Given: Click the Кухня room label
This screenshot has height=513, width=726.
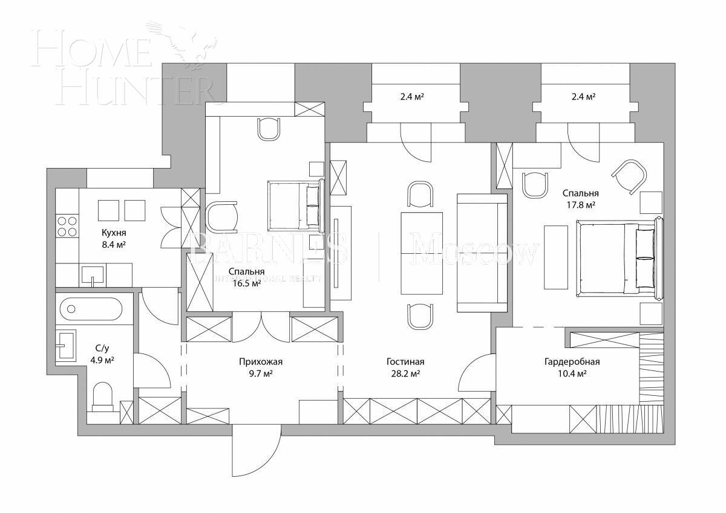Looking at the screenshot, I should tap(114, 233).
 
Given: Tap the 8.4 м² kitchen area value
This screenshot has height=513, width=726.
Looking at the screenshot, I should tap(114, 244).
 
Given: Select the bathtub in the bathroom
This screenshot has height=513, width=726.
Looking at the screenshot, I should tap(91, 309).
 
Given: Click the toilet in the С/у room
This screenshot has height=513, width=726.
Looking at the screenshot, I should tap(104, 396).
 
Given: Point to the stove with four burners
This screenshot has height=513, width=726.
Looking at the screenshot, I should tap(67, 225).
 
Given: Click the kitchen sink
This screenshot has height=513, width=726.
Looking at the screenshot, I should tap(93, 275).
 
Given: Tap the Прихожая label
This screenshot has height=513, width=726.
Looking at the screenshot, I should tap(261, 362).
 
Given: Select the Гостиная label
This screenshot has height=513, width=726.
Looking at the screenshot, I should tap(405, 362).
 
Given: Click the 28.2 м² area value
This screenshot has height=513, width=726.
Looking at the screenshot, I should tap(405, 374).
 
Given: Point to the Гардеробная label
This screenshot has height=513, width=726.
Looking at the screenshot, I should tap(572, 362).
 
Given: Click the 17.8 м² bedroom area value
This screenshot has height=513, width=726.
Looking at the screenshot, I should tap(580, 205).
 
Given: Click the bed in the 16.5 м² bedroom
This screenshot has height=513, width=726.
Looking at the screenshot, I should tap(293, 206).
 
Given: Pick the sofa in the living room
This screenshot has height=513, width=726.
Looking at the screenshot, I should tap(482, 253).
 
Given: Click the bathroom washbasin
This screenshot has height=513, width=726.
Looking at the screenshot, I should tap(65, 346).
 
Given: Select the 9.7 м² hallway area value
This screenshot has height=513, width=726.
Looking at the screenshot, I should tap(261, 374).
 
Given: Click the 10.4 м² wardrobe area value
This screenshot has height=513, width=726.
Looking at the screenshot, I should tap(572, 374).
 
